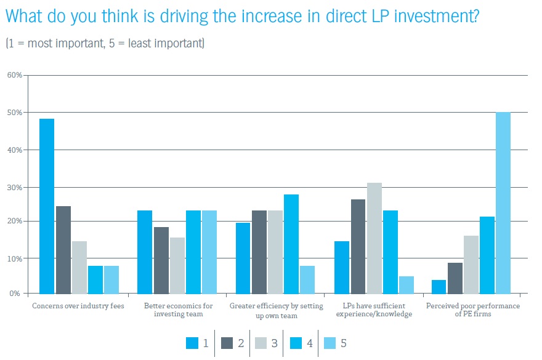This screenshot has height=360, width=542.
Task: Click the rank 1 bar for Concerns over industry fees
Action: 47,206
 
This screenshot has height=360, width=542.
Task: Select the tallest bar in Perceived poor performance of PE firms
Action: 503,202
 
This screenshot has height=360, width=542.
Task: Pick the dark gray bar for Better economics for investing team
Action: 161,260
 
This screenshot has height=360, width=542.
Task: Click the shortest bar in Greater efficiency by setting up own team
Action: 307,279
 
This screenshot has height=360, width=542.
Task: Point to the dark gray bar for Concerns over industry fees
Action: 63,249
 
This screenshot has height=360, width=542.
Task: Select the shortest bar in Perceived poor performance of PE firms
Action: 439,286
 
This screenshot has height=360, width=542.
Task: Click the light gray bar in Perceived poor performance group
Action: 471,264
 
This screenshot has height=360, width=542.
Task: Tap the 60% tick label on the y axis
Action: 15,75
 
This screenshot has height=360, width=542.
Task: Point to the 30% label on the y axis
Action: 15,187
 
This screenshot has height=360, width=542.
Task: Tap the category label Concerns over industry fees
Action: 74,306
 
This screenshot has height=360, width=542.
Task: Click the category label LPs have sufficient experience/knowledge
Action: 374,310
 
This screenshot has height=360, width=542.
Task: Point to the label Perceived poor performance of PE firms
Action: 471,310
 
